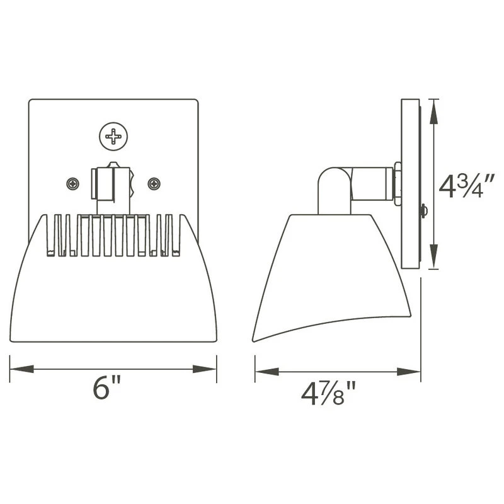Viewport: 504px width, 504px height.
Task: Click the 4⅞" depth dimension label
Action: click(329, 395)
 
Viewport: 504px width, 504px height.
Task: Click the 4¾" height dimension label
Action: click(463, 186)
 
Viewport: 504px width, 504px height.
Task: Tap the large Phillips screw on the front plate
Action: click(113, 135)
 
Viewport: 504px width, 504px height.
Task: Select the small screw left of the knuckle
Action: click(74, 184)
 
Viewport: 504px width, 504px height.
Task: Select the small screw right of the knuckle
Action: click(154, 184)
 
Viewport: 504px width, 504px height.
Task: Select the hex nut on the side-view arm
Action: click(397, 184)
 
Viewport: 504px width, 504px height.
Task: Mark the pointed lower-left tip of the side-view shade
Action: click(255, 340)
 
